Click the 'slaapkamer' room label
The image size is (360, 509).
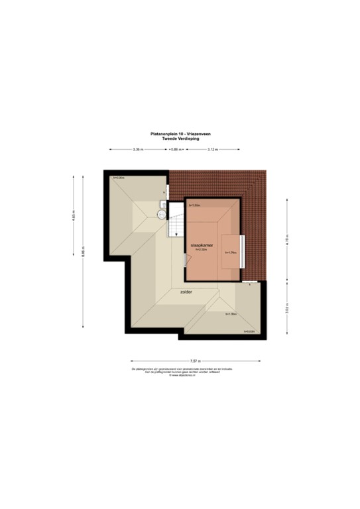pos(200,244)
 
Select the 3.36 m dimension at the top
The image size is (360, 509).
pos(139,149)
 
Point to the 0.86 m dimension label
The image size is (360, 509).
pos(175,149)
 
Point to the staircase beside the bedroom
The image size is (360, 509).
pos(175,224)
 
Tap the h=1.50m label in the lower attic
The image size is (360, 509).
pos(231,313)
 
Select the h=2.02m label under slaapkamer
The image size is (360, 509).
pos(202,249)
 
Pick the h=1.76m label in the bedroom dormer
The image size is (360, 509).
pos(231,253)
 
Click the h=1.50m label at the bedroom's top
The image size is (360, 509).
pos(195,205)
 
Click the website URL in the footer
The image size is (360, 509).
pos(180,376)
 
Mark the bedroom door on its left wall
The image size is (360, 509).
pos(184,261)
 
